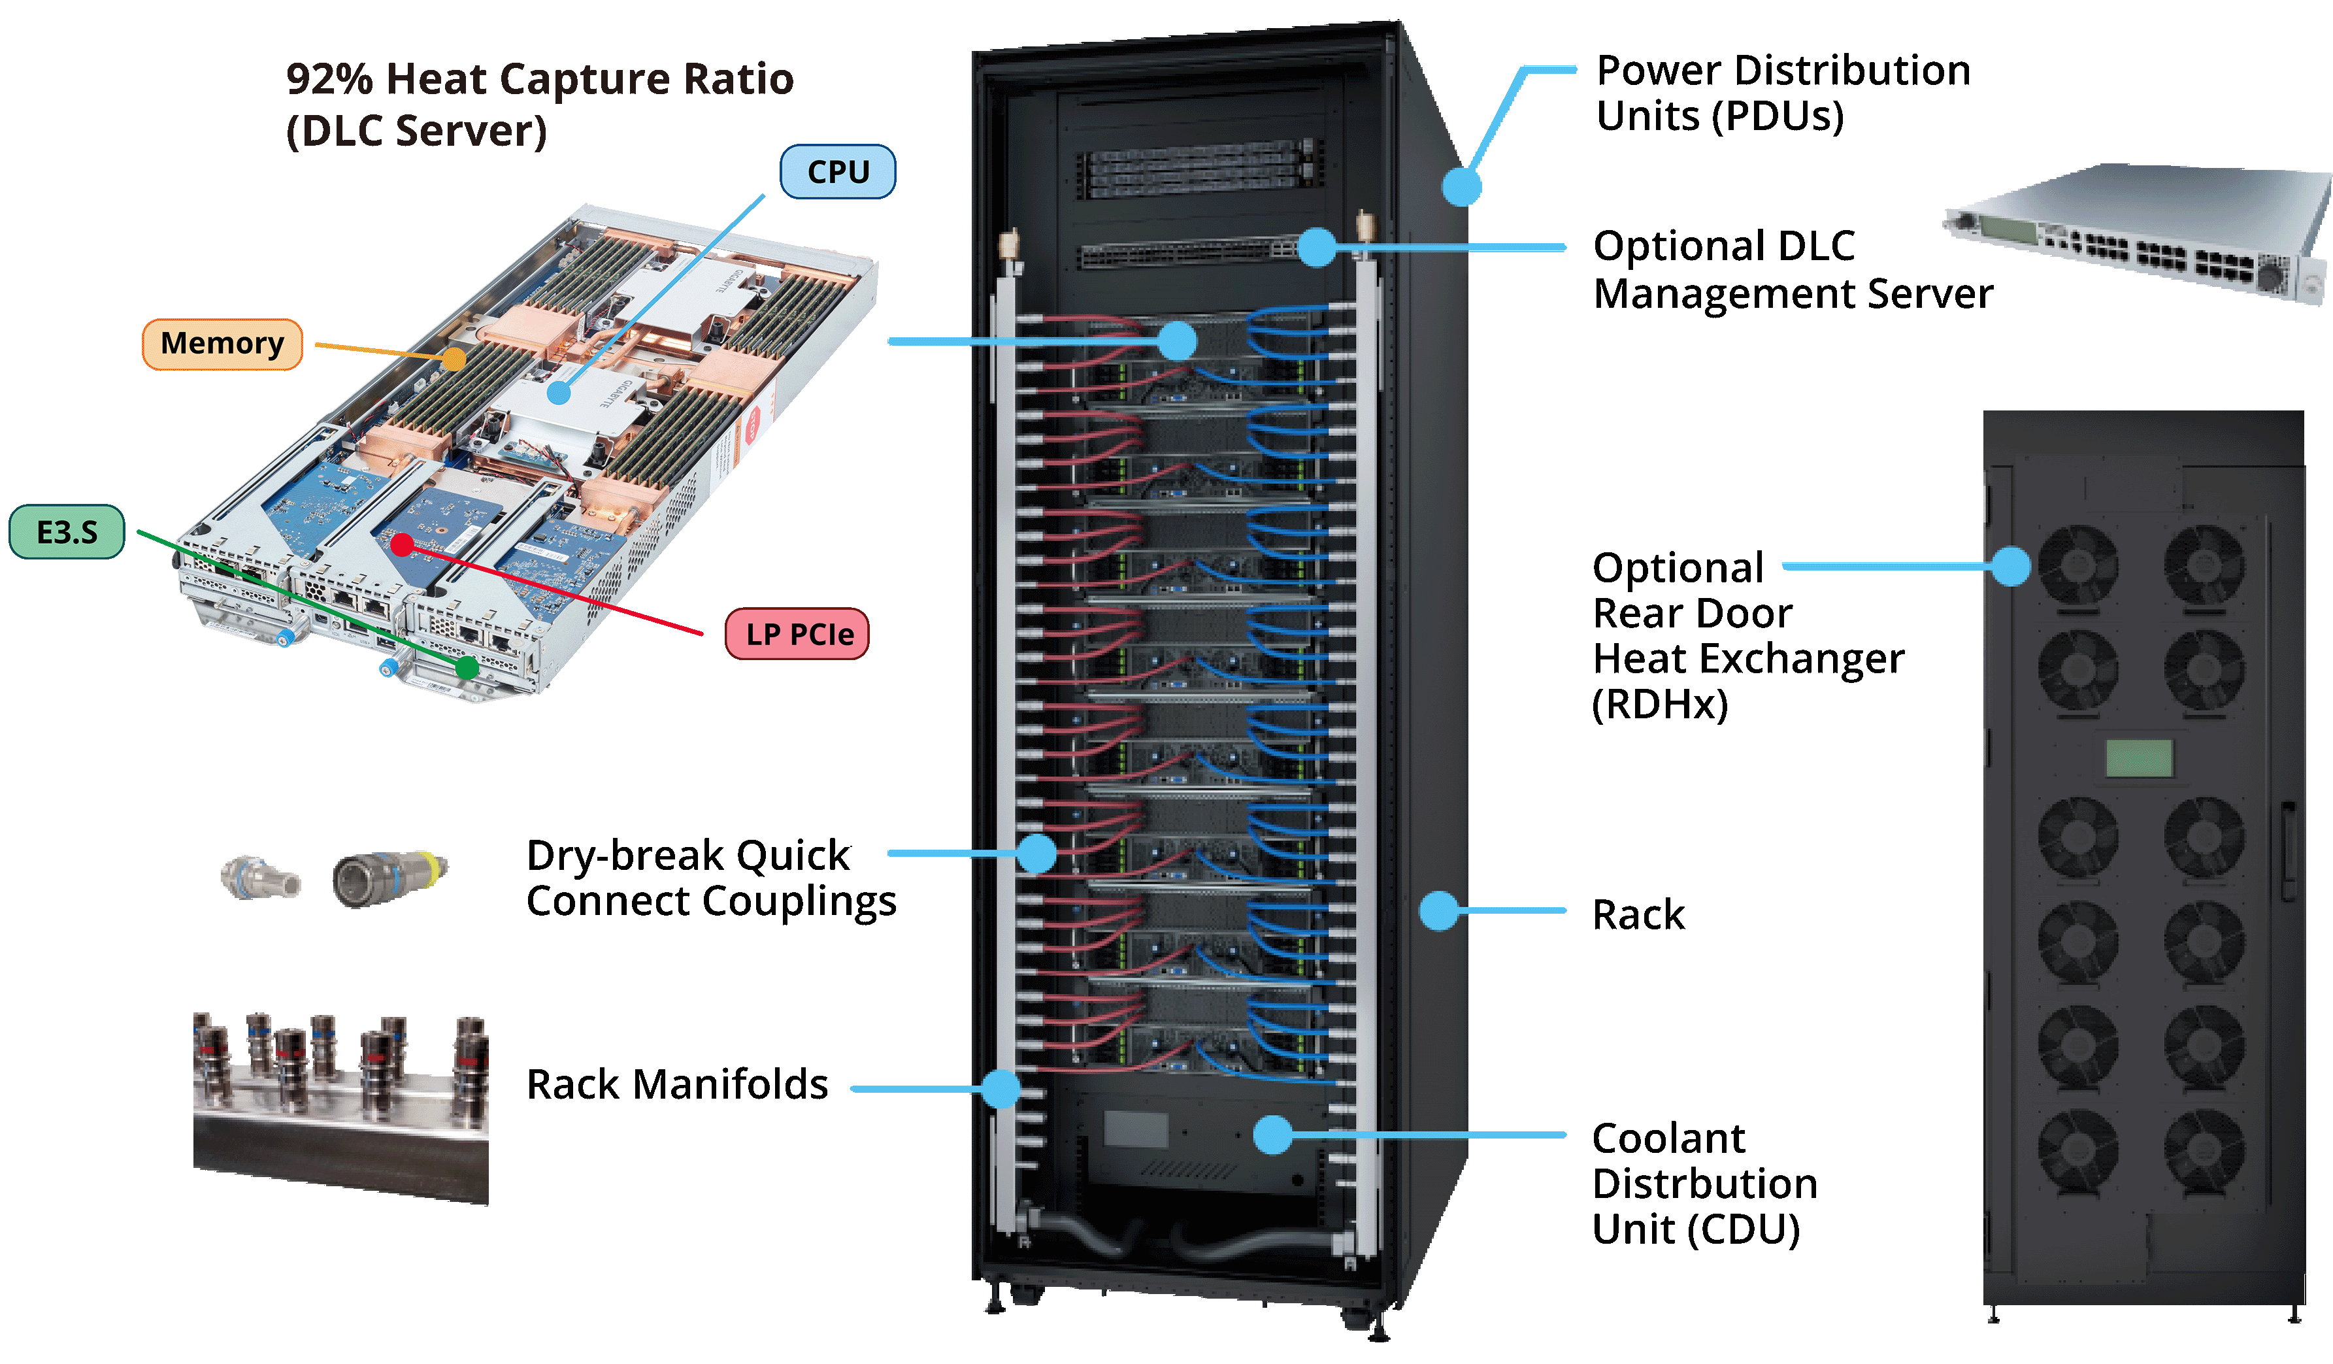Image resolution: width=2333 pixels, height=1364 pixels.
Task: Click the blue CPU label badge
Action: (837, 173)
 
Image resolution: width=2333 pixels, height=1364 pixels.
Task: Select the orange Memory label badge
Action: (222, 344)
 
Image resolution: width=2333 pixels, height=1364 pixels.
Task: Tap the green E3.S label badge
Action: (67, 533)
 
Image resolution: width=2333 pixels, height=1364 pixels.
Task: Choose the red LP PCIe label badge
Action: (797, 635)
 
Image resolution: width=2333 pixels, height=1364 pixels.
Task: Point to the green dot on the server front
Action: (467, 667)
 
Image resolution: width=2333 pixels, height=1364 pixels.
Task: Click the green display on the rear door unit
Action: (2140, 758)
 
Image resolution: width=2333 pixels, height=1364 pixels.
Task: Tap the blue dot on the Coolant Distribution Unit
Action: (1273, 1135)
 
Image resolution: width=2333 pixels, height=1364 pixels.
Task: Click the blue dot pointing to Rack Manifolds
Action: (1001, 1089)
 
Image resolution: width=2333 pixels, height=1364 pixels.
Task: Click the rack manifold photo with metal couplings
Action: (340, 1106)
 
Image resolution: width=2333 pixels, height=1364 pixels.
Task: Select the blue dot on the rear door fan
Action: (2011, 566)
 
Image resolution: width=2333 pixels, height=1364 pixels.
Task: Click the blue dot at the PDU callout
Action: (1462, 186)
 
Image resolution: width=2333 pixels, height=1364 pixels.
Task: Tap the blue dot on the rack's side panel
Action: (1439, 910)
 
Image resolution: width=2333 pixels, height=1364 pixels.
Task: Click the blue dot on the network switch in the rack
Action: (1316, 247)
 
